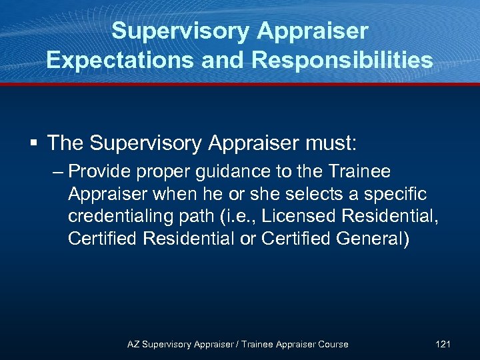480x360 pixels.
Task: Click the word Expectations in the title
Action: pyautogui.click(x=112, y=60)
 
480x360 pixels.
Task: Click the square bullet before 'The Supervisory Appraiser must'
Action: pyautogui.click(x=33, y=143)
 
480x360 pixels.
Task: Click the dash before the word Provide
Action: pyautogui.click(x=58, y=172)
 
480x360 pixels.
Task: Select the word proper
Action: pyautogui.click(x=163, y=173)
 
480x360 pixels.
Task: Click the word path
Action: pyautogui.click(x=205, y=217)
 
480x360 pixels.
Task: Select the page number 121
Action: pyautogui.click(x=443, y=344)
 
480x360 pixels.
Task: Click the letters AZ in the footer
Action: pyautogui.click(x=133, y=344)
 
